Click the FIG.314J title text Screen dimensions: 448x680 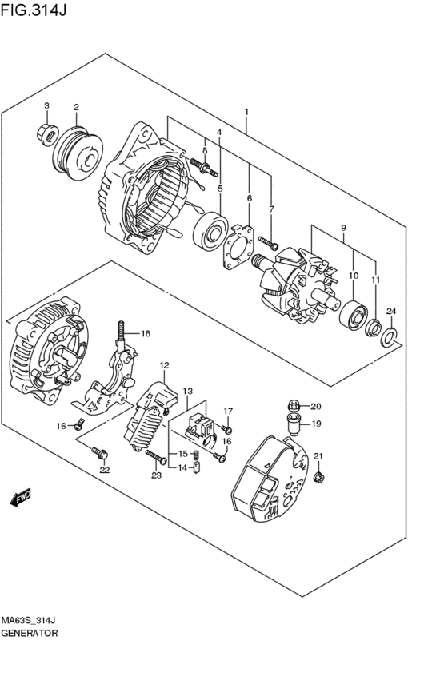tap(34, 9)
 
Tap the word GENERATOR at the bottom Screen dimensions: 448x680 tap(30, 633)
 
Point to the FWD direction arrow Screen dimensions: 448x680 tap(20, 499)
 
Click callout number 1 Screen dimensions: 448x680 tap(246, 112)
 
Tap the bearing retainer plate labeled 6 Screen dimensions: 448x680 tap(238, 246)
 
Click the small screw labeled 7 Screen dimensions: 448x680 tap(268, 243)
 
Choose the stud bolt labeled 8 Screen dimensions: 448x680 tap(203, 167)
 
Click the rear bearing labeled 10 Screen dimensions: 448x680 tap(354, 315)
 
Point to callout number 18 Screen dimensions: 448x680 tap(145, 333)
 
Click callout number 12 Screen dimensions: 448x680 tap(165, 366)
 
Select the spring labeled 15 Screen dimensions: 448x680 tap(195, 455)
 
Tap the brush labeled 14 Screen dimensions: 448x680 tap(196, 468)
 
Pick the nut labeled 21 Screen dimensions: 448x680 tap(318, 478)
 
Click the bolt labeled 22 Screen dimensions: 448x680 tap(100, 453)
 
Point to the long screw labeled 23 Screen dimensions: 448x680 tap(156, 456)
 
